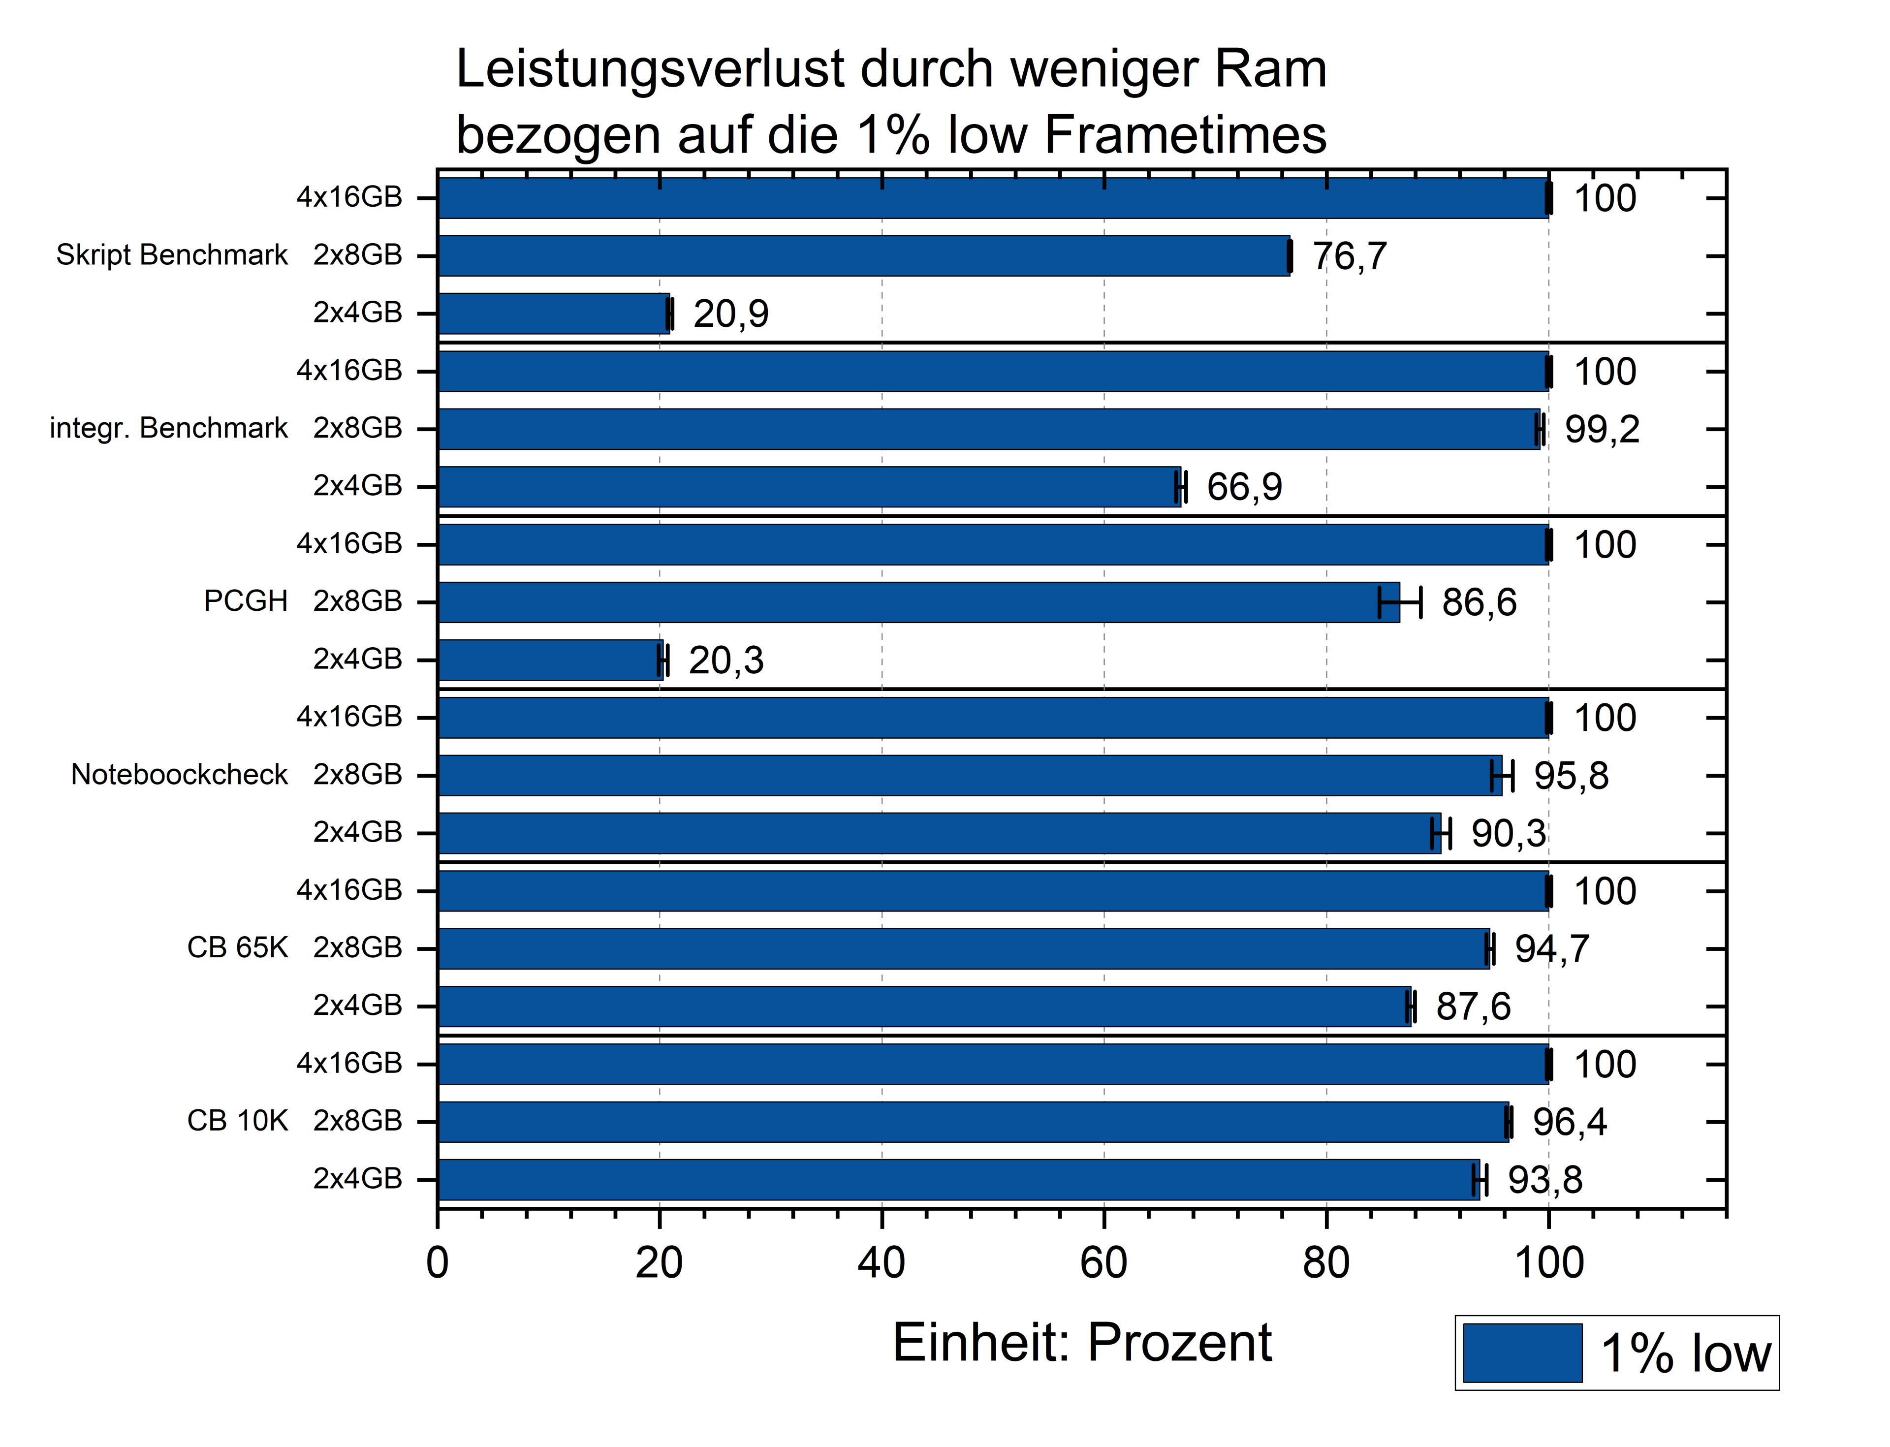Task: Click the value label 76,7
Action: tap(1349, 256)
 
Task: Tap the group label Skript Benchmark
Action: tap(171, 255)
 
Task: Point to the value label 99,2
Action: tap(1602, 429)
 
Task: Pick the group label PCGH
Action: tap(246, 601)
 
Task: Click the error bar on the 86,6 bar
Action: tap(1400, 602)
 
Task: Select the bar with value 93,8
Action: tap(956, 1179)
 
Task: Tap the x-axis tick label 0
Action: tap(438, 1263)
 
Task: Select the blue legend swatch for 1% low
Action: tap(1522, 1353)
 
